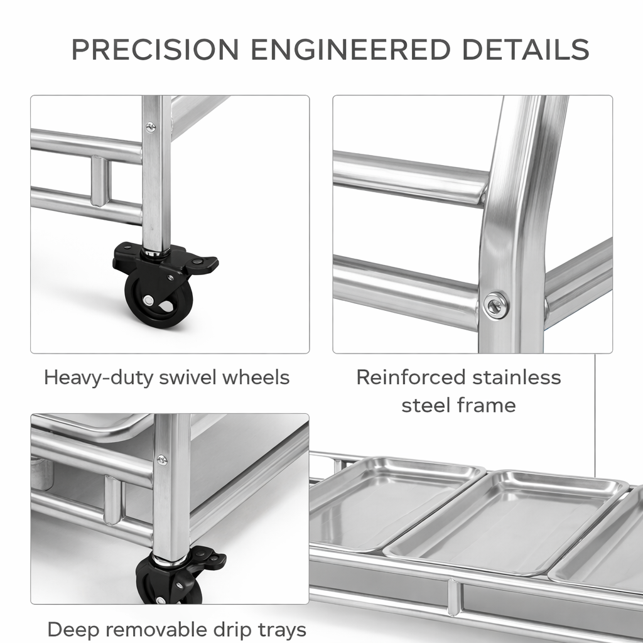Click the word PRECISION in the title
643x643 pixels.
155,49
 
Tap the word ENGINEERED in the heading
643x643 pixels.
350,49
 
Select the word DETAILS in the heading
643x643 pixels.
526,49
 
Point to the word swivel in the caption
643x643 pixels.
188,377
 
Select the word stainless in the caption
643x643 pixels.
517,377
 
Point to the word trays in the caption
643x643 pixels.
283,630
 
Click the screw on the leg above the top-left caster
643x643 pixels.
151,127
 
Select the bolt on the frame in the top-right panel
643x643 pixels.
495,305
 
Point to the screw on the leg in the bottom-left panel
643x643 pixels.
162,460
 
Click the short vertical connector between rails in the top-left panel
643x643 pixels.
100,181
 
